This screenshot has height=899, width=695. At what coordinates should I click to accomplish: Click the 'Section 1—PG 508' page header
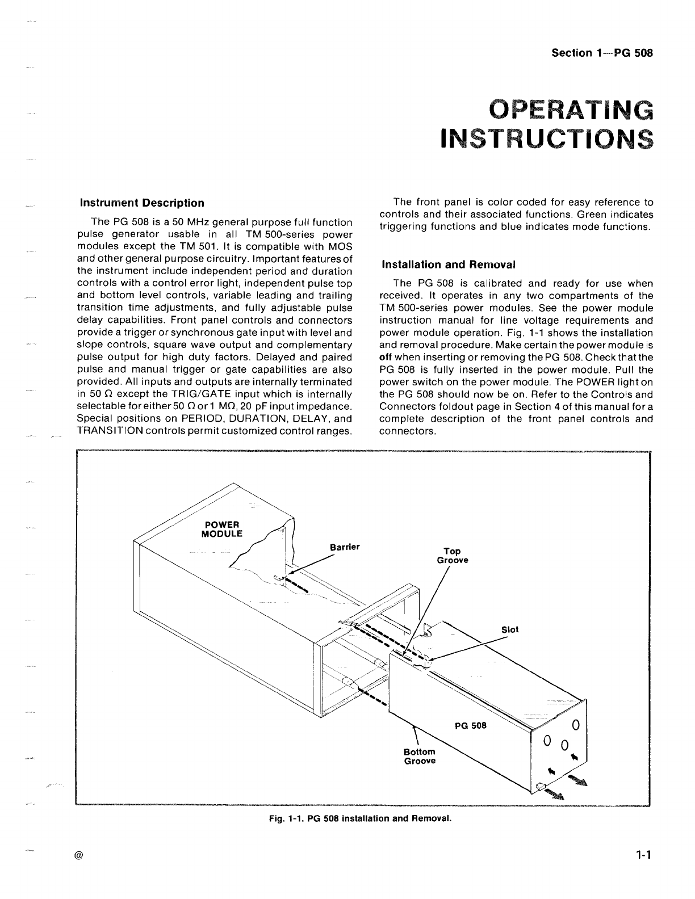coord(602,53)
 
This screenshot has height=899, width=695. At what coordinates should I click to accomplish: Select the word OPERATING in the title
coord(571,111)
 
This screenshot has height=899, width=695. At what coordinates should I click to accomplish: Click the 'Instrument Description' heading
coord(142,203)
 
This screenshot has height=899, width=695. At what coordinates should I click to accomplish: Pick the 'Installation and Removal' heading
coord(449,264)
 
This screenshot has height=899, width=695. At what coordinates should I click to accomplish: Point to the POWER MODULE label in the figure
coord(222,529)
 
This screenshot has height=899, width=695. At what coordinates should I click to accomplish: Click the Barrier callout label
coord(345,547)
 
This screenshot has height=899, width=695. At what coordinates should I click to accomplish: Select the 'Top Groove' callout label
coord(453,555)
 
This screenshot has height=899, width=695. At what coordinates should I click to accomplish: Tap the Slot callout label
coord(510,629)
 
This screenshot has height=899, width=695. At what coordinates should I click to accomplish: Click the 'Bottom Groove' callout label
coord(420,757)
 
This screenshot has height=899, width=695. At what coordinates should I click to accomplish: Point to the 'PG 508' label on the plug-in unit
coord(471,725)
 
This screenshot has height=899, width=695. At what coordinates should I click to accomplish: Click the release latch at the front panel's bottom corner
coord(540,787)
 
